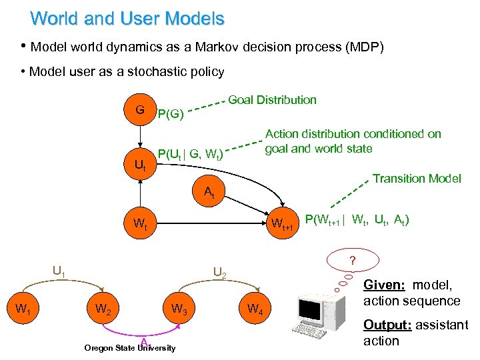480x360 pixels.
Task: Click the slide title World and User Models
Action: pos(127,18)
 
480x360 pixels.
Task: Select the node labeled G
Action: pos(140,109)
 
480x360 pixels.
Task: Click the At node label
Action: pos(209,193)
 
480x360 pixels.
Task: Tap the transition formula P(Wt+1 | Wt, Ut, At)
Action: pos(357,219)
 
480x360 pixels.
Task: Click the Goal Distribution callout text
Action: pos(272,100)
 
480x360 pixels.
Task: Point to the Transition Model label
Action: pos(417,178)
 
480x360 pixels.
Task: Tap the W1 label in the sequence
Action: pos(23,309)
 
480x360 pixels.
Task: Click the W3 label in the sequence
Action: pos(178,309)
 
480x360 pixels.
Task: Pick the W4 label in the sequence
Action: pos(255,309)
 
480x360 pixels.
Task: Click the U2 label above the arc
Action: pos(219,273)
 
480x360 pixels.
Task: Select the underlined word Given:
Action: pos(383,285)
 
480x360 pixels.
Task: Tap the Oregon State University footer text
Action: pos(130,348)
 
